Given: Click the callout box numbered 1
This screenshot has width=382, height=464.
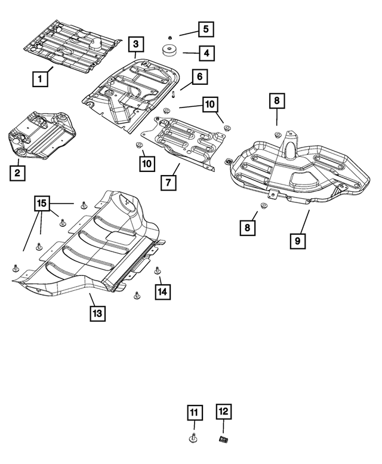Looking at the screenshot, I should coord(41,78).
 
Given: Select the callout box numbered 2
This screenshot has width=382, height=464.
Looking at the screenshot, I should coord(18,173).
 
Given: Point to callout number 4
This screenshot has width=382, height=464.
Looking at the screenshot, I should coord(206,54).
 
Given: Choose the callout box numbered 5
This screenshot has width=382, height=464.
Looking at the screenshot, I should coord(205,28).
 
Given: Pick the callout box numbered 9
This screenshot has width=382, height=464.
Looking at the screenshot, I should coord(297,241).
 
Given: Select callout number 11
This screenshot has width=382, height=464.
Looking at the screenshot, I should coord(193,413).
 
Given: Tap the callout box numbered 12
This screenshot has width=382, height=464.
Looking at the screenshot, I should coord(223,411).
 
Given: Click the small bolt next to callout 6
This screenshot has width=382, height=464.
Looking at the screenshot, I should coord(172,94).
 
